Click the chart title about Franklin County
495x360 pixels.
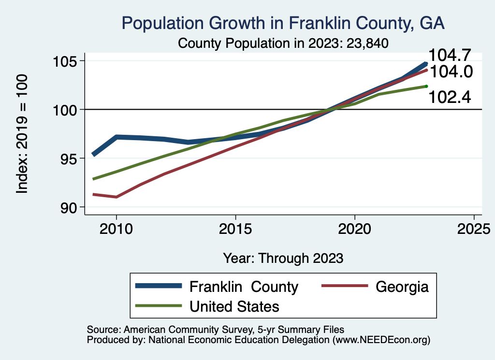point(283,23)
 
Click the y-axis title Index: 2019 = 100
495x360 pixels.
point(22,134)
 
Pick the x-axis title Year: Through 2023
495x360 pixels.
point(283,258)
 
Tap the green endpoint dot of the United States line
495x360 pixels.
point(426,86)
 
